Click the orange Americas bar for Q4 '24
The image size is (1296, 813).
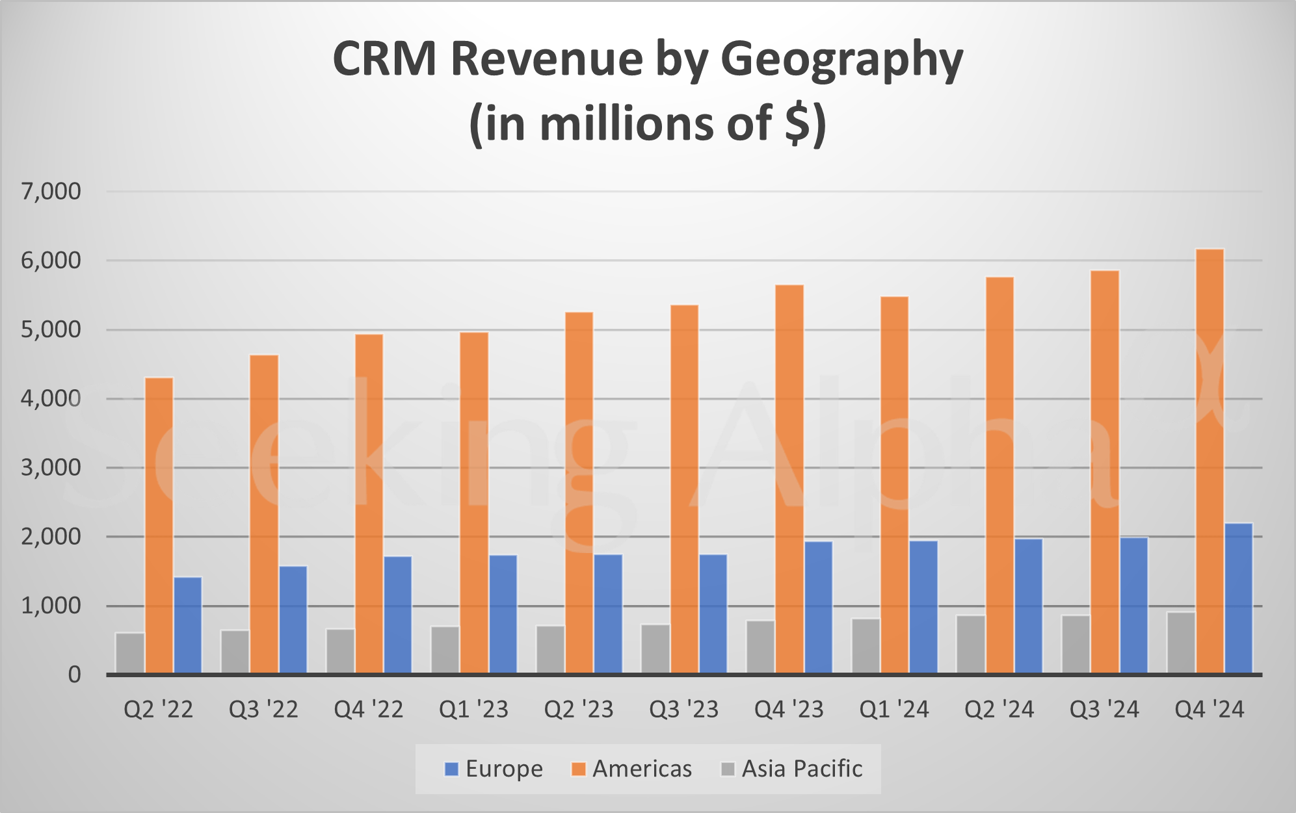tap(1210, 461)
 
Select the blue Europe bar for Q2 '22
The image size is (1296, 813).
tap(188, 625)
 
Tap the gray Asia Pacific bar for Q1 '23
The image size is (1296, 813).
tap(445, 650)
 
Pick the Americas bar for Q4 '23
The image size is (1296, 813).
tap(789, 479)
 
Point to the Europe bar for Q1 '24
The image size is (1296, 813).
tap(923, 607)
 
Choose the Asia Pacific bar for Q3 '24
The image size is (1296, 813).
tap(1076, 645)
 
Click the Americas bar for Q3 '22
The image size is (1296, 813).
tap(264, 514)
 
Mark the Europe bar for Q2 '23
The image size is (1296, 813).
tap(608, 614)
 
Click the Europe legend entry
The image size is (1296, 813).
tap(494, 769)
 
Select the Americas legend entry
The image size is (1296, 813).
tap(631, 769)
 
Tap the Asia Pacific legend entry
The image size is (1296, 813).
tap(792, 769)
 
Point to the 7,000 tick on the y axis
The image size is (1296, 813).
tap(51, 191)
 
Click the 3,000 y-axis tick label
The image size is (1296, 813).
tap(51, 467)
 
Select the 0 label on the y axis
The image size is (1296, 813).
tap(74, 675)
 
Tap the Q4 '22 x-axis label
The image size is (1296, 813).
tap(369, 709)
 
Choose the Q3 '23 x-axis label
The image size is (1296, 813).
tap(684, 709)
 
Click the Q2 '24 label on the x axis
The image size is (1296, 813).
tap(999, 709)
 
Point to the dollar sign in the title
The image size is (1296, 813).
tap(796, 123)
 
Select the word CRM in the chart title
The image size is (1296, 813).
tap(384, 59)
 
